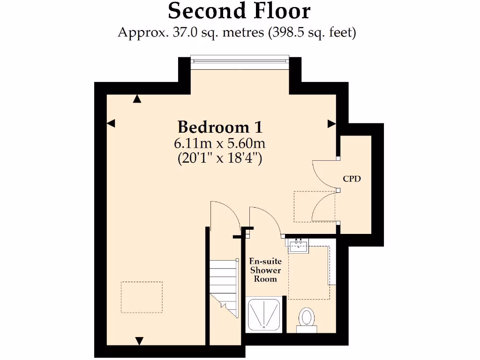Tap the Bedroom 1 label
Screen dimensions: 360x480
220,127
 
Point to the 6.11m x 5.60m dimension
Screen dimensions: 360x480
220,143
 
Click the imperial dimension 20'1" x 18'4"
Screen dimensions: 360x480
220,158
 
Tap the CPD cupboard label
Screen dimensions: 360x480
352,179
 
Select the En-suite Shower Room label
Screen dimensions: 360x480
265,270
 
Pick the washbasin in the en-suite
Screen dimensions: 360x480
298,245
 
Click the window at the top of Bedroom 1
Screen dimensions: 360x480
240,60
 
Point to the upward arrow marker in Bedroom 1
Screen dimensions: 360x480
137,99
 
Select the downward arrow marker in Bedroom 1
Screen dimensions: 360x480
139,340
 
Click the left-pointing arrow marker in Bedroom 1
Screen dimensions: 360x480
111,123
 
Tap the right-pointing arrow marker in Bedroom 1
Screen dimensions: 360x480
331,124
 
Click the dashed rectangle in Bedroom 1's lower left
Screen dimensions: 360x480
142,297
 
